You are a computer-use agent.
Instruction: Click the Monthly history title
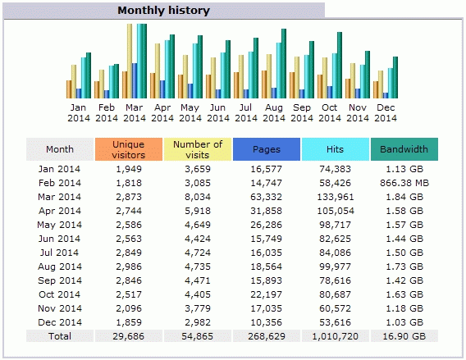click(x=164, y=11)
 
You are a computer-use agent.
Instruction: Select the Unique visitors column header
click(x=129, y=149)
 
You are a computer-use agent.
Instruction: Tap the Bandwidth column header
click(x=404, y=149)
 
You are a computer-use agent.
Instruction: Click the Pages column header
click(x=267, y=149)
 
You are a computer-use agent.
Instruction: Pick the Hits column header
click(x=336, y=149)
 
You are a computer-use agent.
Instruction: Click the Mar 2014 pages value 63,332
click(x=267, y=197)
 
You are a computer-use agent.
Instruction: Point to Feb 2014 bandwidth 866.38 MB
click(x=404, y=183)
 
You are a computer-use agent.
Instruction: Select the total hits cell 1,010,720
click(x=336, y=336)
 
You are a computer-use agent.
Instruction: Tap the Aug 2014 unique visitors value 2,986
click(x=129, y=267)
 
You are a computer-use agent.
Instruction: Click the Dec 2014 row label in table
click(x=60, y=322)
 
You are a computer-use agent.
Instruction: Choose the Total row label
click(x=60, y=336)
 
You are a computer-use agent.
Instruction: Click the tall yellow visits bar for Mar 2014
click(x=130, y=61)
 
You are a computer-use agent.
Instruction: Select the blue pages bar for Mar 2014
click(x=135, y=81)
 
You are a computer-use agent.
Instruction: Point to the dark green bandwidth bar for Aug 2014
click(x=284, y=64)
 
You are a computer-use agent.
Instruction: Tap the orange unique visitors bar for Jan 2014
click(x=69, y=89)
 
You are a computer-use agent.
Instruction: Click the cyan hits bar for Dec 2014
click(x=391, y=83)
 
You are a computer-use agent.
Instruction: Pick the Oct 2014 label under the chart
click(x=330, y=113)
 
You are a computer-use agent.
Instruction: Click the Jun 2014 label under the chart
click(x=218, y=113)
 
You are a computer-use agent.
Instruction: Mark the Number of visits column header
click(x=198, y=149)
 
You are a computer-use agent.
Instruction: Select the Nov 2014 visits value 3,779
click(x=198, y=308)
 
